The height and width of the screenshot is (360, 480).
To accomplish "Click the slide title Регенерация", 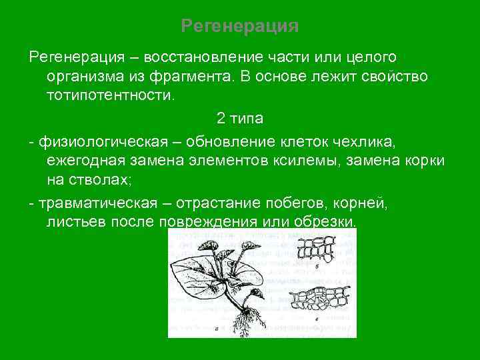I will point(240,27).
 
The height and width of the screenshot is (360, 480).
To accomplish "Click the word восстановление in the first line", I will point(193,59).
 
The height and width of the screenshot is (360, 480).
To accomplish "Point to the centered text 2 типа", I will point(240,119).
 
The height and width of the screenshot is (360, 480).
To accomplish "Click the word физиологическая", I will point(93,142).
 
